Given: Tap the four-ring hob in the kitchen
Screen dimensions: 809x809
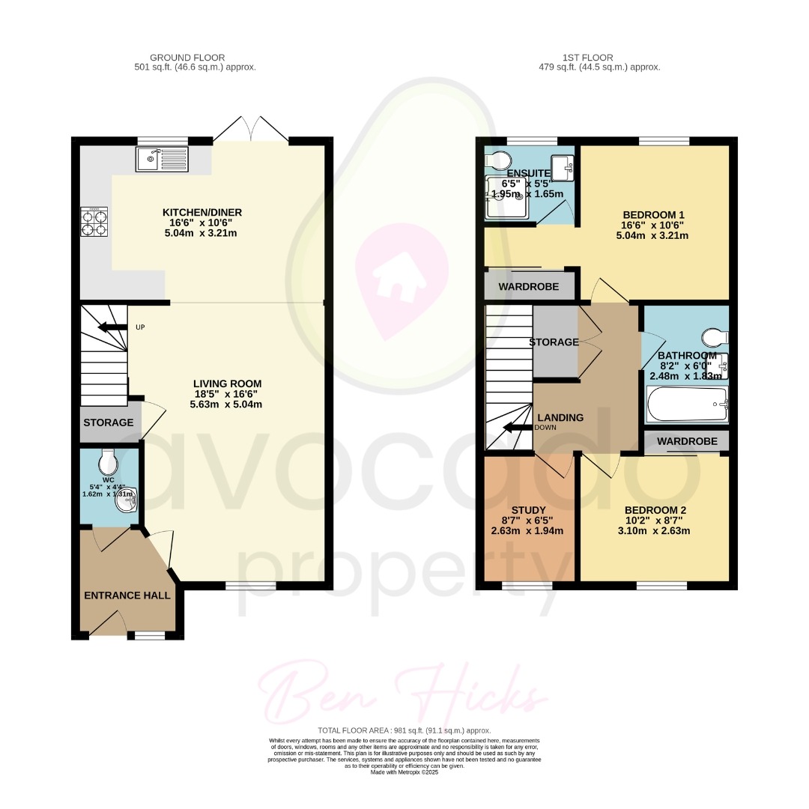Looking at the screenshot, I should click(94, 222).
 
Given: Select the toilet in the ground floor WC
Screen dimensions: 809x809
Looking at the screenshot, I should click(109, 458).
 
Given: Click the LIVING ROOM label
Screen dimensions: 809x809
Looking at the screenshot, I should click(227, 384).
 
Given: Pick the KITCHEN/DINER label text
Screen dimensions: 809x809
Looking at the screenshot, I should click(202, 213).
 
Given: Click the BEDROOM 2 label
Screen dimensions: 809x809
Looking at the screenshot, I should click(655, 509).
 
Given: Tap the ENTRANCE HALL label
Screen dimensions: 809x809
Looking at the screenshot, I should click(127, 596).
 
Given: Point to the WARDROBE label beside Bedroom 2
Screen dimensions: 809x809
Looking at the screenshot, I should click(687, 442).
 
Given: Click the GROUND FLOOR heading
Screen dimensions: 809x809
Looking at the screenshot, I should click(187, 58).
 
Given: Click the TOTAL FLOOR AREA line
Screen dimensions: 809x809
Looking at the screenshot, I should click(404, 730).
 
